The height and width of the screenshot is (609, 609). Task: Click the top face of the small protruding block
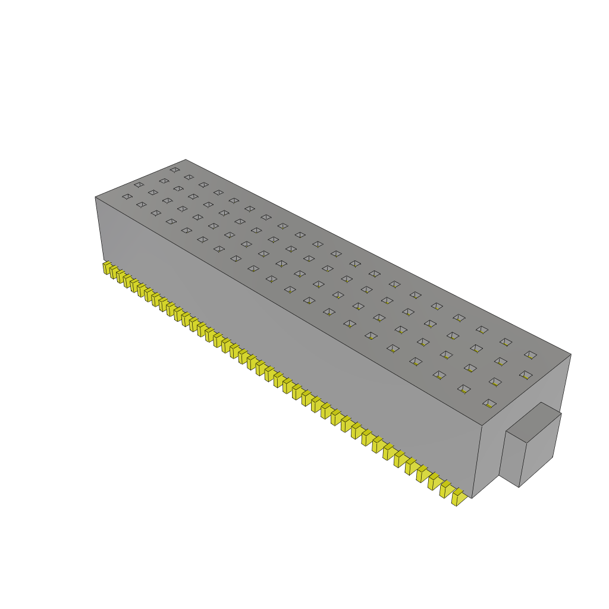pyautogui.click(x=533, y=422)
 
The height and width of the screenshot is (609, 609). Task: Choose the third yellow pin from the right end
pyautogui.click(x=434, y=481)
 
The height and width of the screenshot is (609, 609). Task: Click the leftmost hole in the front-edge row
pyautogui.click(x=127, y=196)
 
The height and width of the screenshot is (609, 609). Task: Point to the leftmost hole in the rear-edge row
pyautogui.click(x=174, y=169)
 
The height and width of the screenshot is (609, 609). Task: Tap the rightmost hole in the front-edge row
pyautogui.click(x=489, y=403)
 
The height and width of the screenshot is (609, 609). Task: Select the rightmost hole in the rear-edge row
pyautogui.click(x=530, y=354)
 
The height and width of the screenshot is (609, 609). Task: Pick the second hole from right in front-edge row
pyautogui.click(x=464, y=389)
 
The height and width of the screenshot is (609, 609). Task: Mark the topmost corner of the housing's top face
pyautogui.click(x=186, y=159)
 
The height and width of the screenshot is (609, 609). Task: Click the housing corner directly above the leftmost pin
pyautogui.click(x=96, y=197)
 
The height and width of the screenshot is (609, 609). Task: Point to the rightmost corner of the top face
pyautogui.click(x=571, y=354)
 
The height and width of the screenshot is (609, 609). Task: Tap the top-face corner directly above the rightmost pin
pyautogui.click(x=481, y=425)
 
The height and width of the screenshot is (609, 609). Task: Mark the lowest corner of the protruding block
pyautogui.click(x=519, y=487)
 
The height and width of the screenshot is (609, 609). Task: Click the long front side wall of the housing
pyautogui.click(x=285, y=345)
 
